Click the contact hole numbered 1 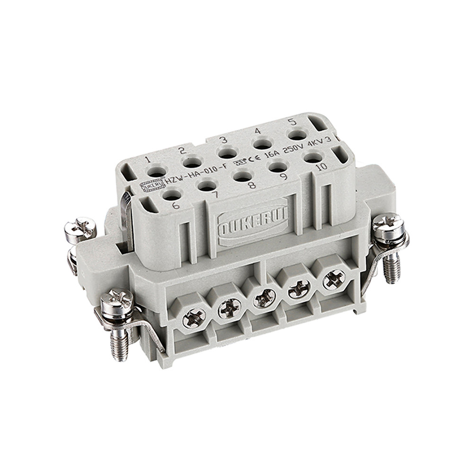click(x=157, y=172)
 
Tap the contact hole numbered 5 click(x=297, y=135)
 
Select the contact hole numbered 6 click(x=172, y=194)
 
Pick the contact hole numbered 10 click(x=313, y=157)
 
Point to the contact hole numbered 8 click(x=242, y=176)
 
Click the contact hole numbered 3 click(x=228, y=153)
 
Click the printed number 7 click(x=215, y=194)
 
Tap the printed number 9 click(x=284, y=176)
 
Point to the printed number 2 click(x=182, y=151)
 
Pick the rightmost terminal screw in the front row click(x=334, y=280)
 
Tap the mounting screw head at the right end click(x=388, y=224)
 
